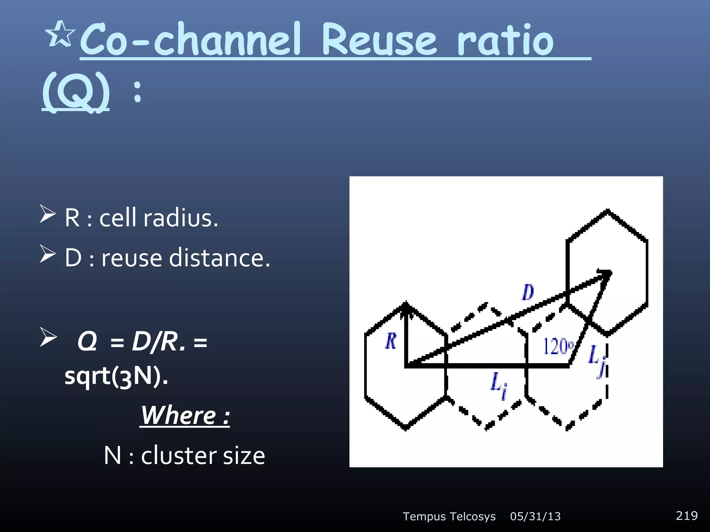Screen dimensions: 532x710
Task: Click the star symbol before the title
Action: pyautogui.click(x=60, y=34)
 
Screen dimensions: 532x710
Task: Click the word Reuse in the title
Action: pyautogui.click(x=379, y=40)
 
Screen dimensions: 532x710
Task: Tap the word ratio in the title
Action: pyautogui.click(x=505, y=41)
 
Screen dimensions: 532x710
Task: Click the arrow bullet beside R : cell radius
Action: pyautogui.click(x=47, y=214)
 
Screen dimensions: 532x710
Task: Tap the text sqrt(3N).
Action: pyautogui.click(x=116, y=376)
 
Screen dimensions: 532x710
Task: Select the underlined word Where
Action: pyautogui.click(x=178, y=415)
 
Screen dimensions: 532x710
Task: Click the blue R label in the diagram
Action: pyautogui.click(x=391, y=341)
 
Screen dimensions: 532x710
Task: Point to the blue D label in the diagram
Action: pyautogui.click(x=528, y=292)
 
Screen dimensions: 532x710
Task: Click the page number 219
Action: pyautogui.click(x=686, y=516)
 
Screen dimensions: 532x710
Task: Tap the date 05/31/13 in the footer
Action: pyautogui.click(x=535, y=517)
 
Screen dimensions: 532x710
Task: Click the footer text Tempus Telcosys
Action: pyautogui.click(x=449, y=517)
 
